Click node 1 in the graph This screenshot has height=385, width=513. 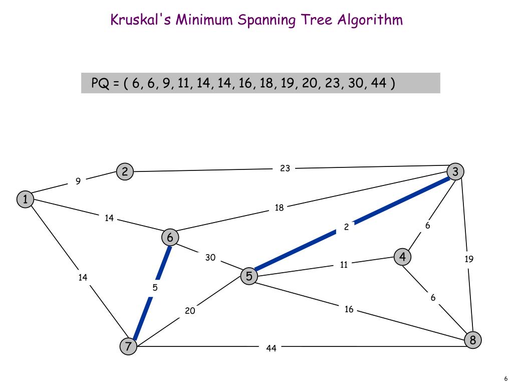click(25, 200)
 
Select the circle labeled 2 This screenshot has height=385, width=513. click(124, 172)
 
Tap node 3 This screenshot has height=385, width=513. click(455, 171)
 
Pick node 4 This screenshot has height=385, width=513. click(402, 257)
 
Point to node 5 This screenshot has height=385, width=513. click(248, 276)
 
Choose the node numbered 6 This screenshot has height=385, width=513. click(170, 237)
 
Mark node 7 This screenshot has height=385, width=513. click(128, 346)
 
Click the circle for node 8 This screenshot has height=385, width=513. click(472, 340)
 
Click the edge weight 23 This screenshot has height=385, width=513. click(285, 168)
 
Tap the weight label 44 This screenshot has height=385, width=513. click(271, 348)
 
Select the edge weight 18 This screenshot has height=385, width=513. click(279, 208)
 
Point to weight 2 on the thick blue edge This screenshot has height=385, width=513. click(346, 227)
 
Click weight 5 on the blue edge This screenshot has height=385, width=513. click(155, 288)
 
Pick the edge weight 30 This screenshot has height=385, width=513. click(210, 258)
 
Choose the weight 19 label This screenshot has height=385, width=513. click(469, 259)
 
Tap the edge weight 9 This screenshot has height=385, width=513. click(78, 181)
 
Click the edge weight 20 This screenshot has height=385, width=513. click(190, 311)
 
